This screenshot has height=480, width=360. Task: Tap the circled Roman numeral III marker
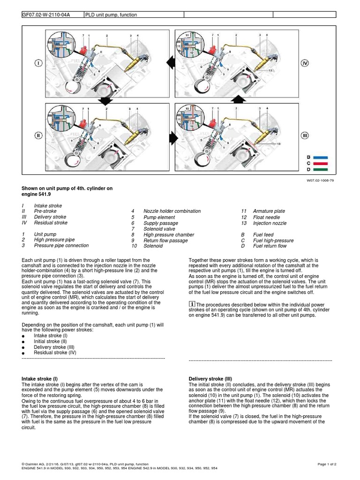point(305,135)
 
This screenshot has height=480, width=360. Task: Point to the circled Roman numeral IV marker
point(305,63)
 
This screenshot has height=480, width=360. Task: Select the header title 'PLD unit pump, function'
point(111,15)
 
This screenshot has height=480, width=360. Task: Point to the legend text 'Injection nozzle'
point(270,223)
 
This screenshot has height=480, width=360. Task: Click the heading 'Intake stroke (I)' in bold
point(40,378)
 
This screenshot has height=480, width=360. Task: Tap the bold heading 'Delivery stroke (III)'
point(211,378)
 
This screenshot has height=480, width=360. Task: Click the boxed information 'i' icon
point(191,305)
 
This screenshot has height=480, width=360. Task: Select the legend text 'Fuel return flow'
point(270,246)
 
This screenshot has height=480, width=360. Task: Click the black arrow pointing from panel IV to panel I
point(170,60)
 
